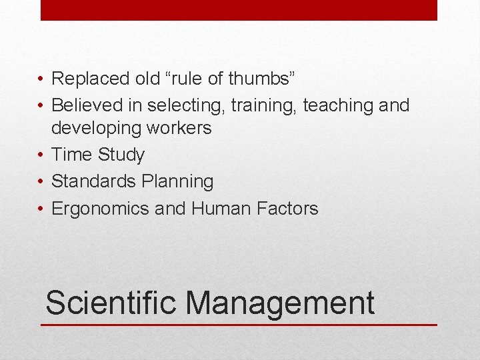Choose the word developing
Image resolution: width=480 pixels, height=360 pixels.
(x=98, y=128)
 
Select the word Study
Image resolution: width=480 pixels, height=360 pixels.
(x=121, y=155)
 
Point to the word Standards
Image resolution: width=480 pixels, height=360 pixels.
(x=95, y=181)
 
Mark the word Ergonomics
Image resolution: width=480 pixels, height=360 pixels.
(x=101, y=209)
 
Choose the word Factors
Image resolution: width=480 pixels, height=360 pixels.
(x=287, y=209)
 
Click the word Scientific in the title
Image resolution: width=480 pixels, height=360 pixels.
(x=111, y=303)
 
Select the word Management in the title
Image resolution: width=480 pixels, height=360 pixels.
(x=280, y=303)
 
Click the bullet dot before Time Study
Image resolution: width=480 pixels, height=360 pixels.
(x=41, y=155)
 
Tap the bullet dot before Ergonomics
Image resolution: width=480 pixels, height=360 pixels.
(x=41, y=209)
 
